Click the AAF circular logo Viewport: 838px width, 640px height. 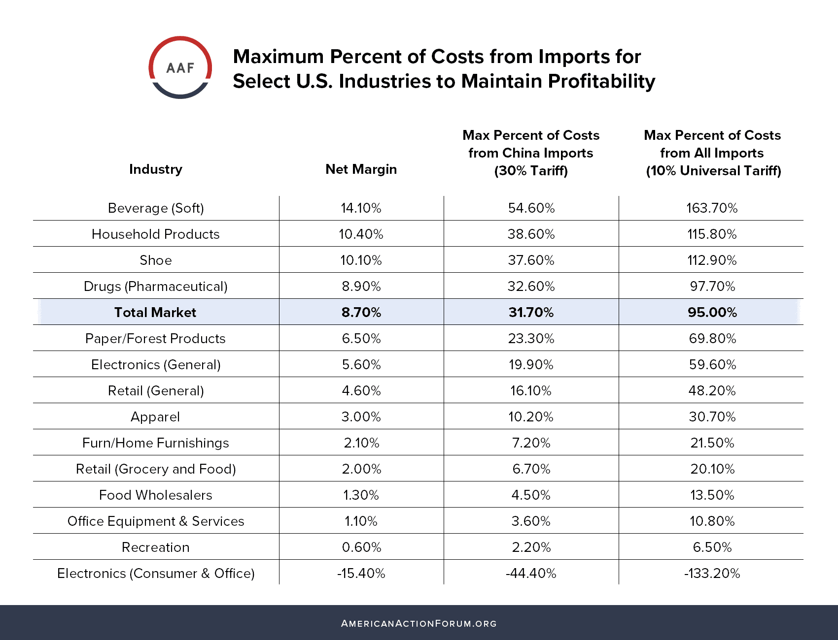tap(180, 67)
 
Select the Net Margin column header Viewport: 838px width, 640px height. tap(361, 169)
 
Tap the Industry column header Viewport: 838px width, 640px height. tap(156, 169)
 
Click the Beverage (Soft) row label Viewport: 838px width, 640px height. tap(156, 208)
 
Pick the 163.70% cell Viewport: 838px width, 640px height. tap(712, 208)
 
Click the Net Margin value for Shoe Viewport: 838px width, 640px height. tap(361, 260)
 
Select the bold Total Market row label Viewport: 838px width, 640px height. tap(155, 313)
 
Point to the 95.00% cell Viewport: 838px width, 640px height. tap(712, 313)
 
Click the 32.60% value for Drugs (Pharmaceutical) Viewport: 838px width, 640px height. tap(531, 287)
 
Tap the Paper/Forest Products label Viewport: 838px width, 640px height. tap(155, 339)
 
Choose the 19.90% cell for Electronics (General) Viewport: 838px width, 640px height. tap(531, 365)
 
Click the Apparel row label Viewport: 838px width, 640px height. tap(155, 417)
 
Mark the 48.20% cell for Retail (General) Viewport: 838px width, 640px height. tap(712, 391)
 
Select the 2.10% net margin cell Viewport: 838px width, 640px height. tap(361, 443)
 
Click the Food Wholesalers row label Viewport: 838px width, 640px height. tap(155, 495)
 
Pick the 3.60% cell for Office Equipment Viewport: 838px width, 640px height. tap(531, 521)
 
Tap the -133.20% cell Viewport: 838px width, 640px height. tap(712, 574)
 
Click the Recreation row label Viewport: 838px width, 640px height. tap(155, 547)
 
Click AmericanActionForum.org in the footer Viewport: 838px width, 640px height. tap(419, 624)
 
